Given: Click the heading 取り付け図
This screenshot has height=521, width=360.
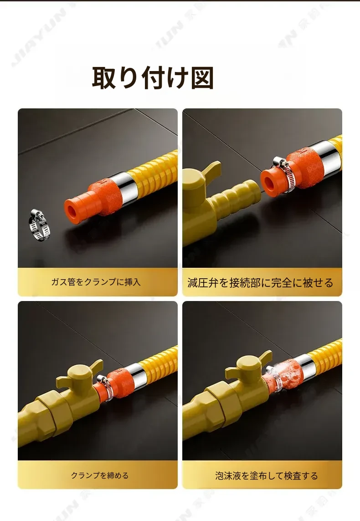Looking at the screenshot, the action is [x=153, y=78].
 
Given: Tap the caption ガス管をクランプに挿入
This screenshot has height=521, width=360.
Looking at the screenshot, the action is [x=96, y=282].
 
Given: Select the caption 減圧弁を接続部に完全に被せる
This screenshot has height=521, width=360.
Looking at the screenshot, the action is [x=260, y=283].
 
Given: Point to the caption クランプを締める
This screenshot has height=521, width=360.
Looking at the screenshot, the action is [x=100, y=475].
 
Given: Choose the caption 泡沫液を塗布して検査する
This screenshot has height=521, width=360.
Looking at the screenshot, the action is [x=266, y=476].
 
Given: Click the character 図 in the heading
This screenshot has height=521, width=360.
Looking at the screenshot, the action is [x=202, y=78].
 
